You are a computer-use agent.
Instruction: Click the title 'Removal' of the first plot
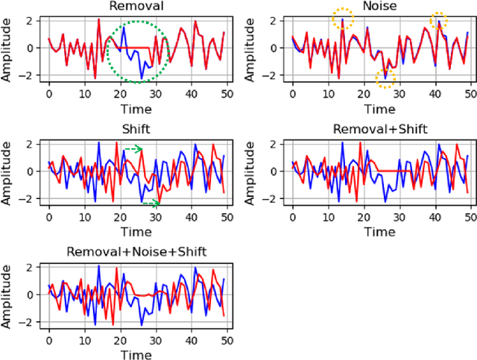click(137, 7)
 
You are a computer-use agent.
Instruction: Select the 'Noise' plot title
click(381, 7)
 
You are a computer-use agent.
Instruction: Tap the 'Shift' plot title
click(137, 129)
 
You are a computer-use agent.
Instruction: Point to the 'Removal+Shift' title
click(381, 129)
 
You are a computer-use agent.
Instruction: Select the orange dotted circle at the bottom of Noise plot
click(385, 77)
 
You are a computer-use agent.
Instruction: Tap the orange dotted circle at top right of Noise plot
click(439, 20)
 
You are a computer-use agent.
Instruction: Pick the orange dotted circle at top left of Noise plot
click(342, 18)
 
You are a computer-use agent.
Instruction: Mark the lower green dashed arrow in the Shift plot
click(151, 202)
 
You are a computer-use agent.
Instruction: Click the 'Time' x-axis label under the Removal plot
click(137, 109)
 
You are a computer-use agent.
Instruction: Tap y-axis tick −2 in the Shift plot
click(31, 198)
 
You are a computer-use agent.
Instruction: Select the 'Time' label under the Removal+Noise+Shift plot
click(137, 354)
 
